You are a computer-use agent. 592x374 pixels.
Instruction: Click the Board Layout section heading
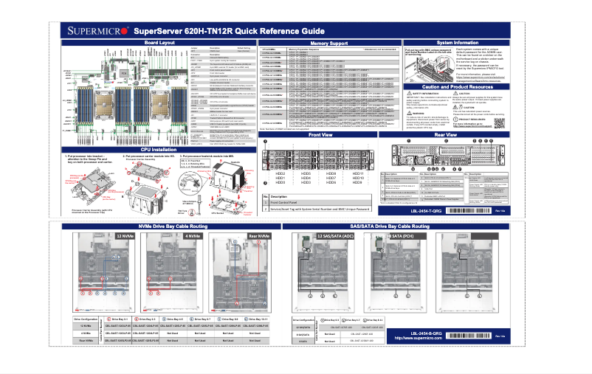pos(159,44)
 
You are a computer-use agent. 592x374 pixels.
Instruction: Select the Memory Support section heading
pos(328,44)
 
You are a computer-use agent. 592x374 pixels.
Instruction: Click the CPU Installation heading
pos(159,150)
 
